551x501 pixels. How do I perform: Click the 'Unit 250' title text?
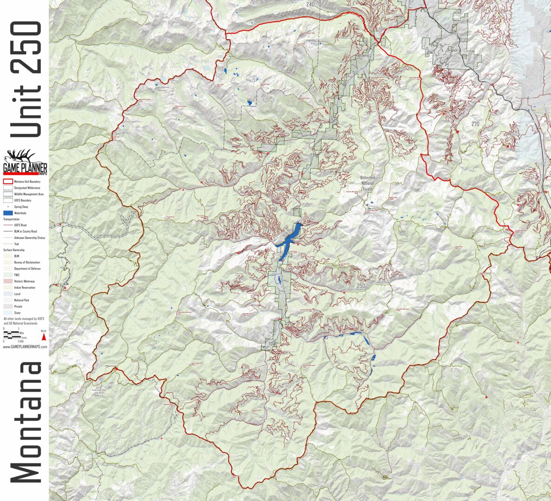coord(26,79)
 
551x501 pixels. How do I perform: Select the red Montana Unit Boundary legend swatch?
coord(8,181)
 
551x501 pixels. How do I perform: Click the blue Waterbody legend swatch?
coord(8,213)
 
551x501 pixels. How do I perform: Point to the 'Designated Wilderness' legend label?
coord(27,188)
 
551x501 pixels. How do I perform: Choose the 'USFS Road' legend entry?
coord(20,225)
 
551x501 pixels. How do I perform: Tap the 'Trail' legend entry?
coord(16,244)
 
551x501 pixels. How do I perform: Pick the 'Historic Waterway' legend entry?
coord(24,281)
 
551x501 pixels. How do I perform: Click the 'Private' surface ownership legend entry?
coord(18,307)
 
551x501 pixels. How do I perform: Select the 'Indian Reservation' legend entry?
coord(25,287)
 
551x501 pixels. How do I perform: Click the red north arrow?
coord(44,337)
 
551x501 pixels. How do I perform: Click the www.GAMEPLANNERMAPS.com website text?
coord(25,347)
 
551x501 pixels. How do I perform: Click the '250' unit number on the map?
coord(361,286)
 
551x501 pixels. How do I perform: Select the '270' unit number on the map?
coord(475,124)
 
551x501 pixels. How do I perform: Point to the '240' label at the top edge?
coord(310,4)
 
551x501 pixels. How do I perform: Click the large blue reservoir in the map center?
coord(289,240)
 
